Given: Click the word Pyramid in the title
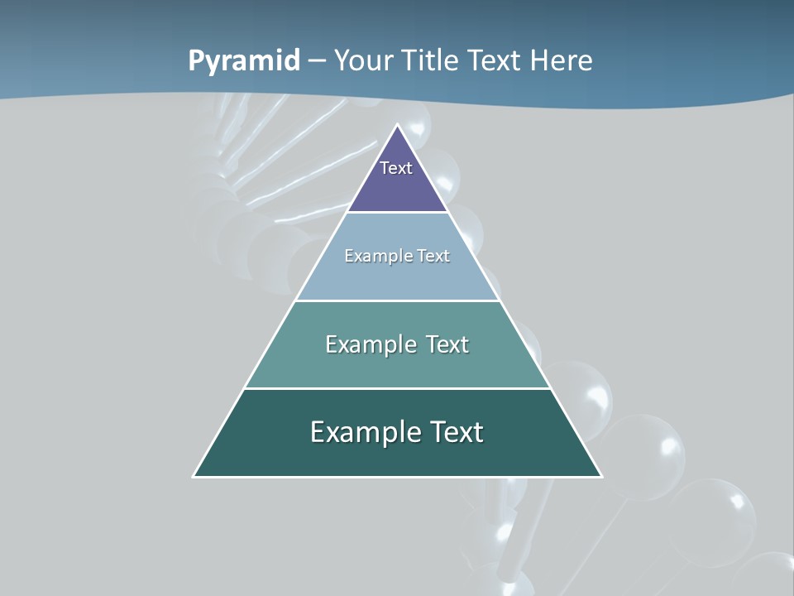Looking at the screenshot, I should point(244,60).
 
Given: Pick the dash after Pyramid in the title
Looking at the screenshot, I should point(317,61).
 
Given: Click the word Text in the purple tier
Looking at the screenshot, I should point(396,168).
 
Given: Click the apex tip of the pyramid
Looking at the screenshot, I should point(398,126).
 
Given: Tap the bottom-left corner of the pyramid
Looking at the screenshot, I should point(194,476).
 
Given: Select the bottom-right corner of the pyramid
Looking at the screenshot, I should point(600,476).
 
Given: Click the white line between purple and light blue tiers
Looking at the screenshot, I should point(398,213).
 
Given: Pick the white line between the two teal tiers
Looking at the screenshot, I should point(398,388).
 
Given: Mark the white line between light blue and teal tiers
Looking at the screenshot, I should point(398,300).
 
